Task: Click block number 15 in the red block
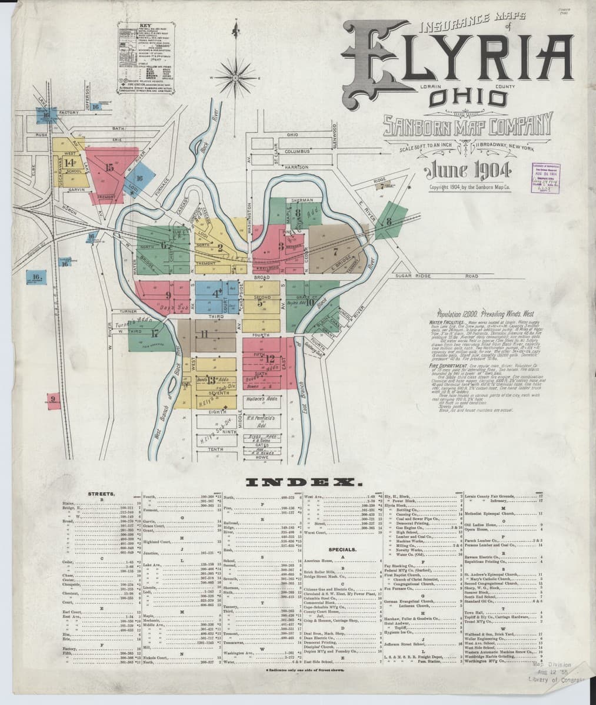pyautogui.click(x=109, y=167)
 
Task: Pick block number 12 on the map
pyautogui.click(x=270, y=358)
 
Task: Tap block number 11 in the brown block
pyautogui.click(x=205, y=334)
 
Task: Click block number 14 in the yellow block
pyautogui.click(x=70, y=163)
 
